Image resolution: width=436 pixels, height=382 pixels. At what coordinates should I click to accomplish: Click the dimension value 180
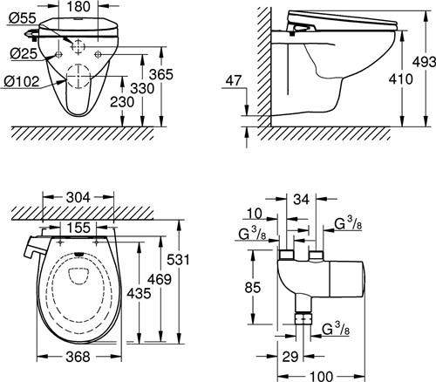pos(78,6)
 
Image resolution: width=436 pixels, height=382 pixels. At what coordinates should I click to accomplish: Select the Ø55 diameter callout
pos(23,18)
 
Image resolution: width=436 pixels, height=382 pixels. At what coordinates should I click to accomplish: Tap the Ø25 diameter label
pos(24,53)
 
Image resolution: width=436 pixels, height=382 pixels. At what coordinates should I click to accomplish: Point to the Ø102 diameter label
pos(22,81)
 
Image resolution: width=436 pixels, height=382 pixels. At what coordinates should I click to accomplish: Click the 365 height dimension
pos(161,74)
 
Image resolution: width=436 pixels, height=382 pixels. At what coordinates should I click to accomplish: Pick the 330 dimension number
pos(142,88)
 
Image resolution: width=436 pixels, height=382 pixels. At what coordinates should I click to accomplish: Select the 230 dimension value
pos(122,102)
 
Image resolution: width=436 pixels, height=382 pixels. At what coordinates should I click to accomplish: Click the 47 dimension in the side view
pos(234,80)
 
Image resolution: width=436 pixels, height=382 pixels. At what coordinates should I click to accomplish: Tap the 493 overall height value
pos(425,62)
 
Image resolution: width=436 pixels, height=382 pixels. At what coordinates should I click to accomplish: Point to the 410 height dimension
pos(401,79)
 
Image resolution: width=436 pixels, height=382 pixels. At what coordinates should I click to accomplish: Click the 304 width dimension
pos(78,198)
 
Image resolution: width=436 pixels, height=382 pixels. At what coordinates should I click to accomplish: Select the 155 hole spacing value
pos(78,228)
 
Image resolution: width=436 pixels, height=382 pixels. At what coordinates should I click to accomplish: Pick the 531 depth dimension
pos(178,260)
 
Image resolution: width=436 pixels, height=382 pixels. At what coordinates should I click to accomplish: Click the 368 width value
pos(78,357)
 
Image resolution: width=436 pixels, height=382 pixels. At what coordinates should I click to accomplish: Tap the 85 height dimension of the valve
pos(253,288)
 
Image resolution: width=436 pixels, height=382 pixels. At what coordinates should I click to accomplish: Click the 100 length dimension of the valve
pos(321,377)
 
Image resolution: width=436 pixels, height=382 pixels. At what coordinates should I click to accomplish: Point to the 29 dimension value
pos(290,357)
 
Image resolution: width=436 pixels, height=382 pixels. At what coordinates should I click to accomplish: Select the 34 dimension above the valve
pos(301,200)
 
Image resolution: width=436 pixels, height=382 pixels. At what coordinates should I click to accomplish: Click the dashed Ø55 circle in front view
pos(78,46)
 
